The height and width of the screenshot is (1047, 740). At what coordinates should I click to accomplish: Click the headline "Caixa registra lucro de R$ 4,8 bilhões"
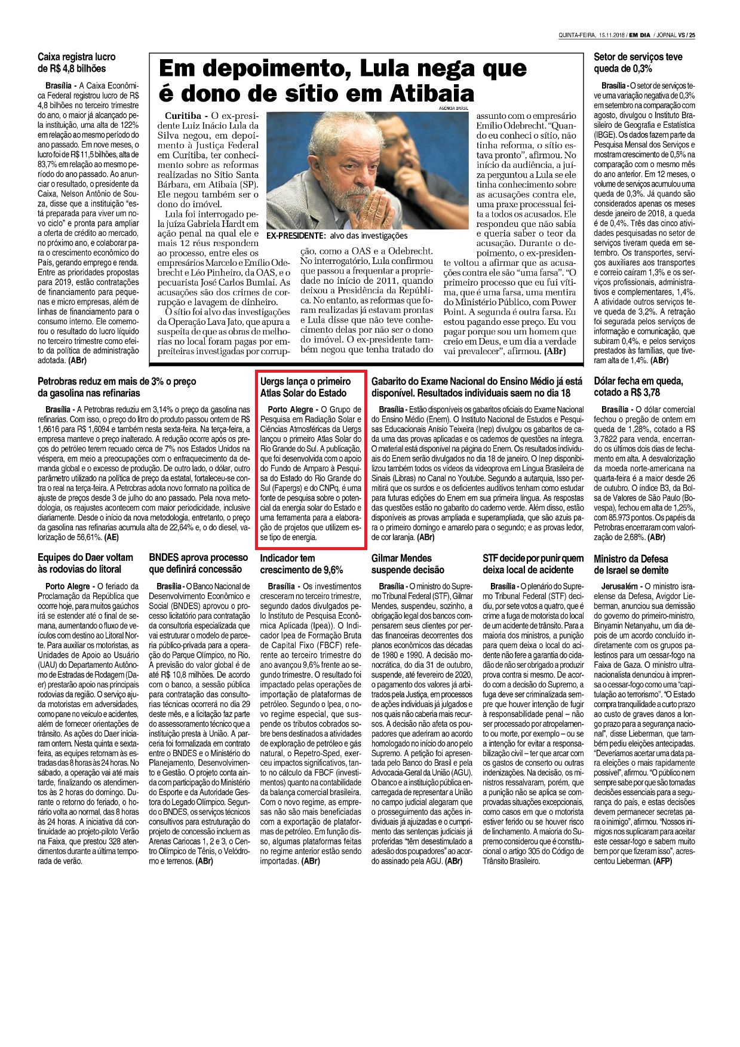tap(76, 63)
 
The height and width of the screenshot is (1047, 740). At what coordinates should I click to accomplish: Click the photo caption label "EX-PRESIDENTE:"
tap(296, 236)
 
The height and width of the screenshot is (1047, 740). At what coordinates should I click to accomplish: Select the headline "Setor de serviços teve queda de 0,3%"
tap(638, 63)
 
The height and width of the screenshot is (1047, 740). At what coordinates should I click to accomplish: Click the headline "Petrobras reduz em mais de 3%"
tap(116, 387)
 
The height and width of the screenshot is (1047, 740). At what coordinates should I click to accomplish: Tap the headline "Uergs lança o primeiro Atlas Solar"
tap(305, 387)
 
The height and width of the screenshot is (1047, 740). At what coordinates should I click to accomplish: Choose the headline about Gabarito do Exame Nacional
tap(477, 387)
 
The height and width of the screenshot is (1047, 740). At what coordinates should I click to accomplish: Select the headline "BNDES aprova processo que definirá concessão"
tap(198, 563)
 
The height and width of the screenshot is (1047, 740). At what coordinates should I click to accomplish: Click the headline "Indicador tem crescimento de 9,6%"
tap(302, 563)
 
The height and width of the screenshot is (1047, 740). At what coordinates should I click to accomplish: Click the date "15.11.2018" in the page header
tap(612, 35)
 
